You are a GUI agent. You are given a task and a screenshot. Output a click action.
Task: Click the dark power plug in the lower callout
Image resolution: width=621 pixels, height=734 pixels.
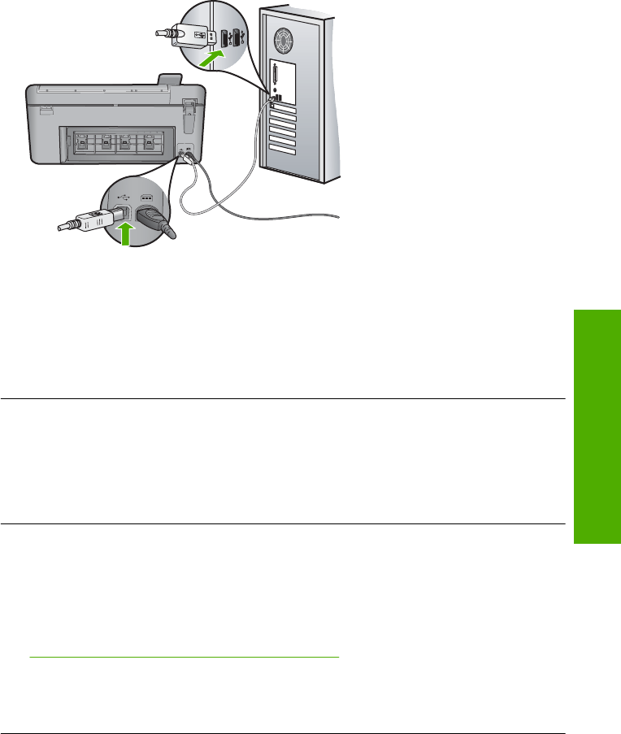(x=154, y=220)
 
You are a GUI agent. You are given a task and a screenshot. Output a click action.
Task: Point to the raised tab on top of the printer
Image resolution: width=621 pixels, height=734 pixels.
(x=169, y=80)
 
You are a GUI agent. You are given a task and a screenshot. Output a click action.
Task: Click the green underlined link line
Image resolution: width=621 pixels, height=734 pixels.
(x=183, y=657)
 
